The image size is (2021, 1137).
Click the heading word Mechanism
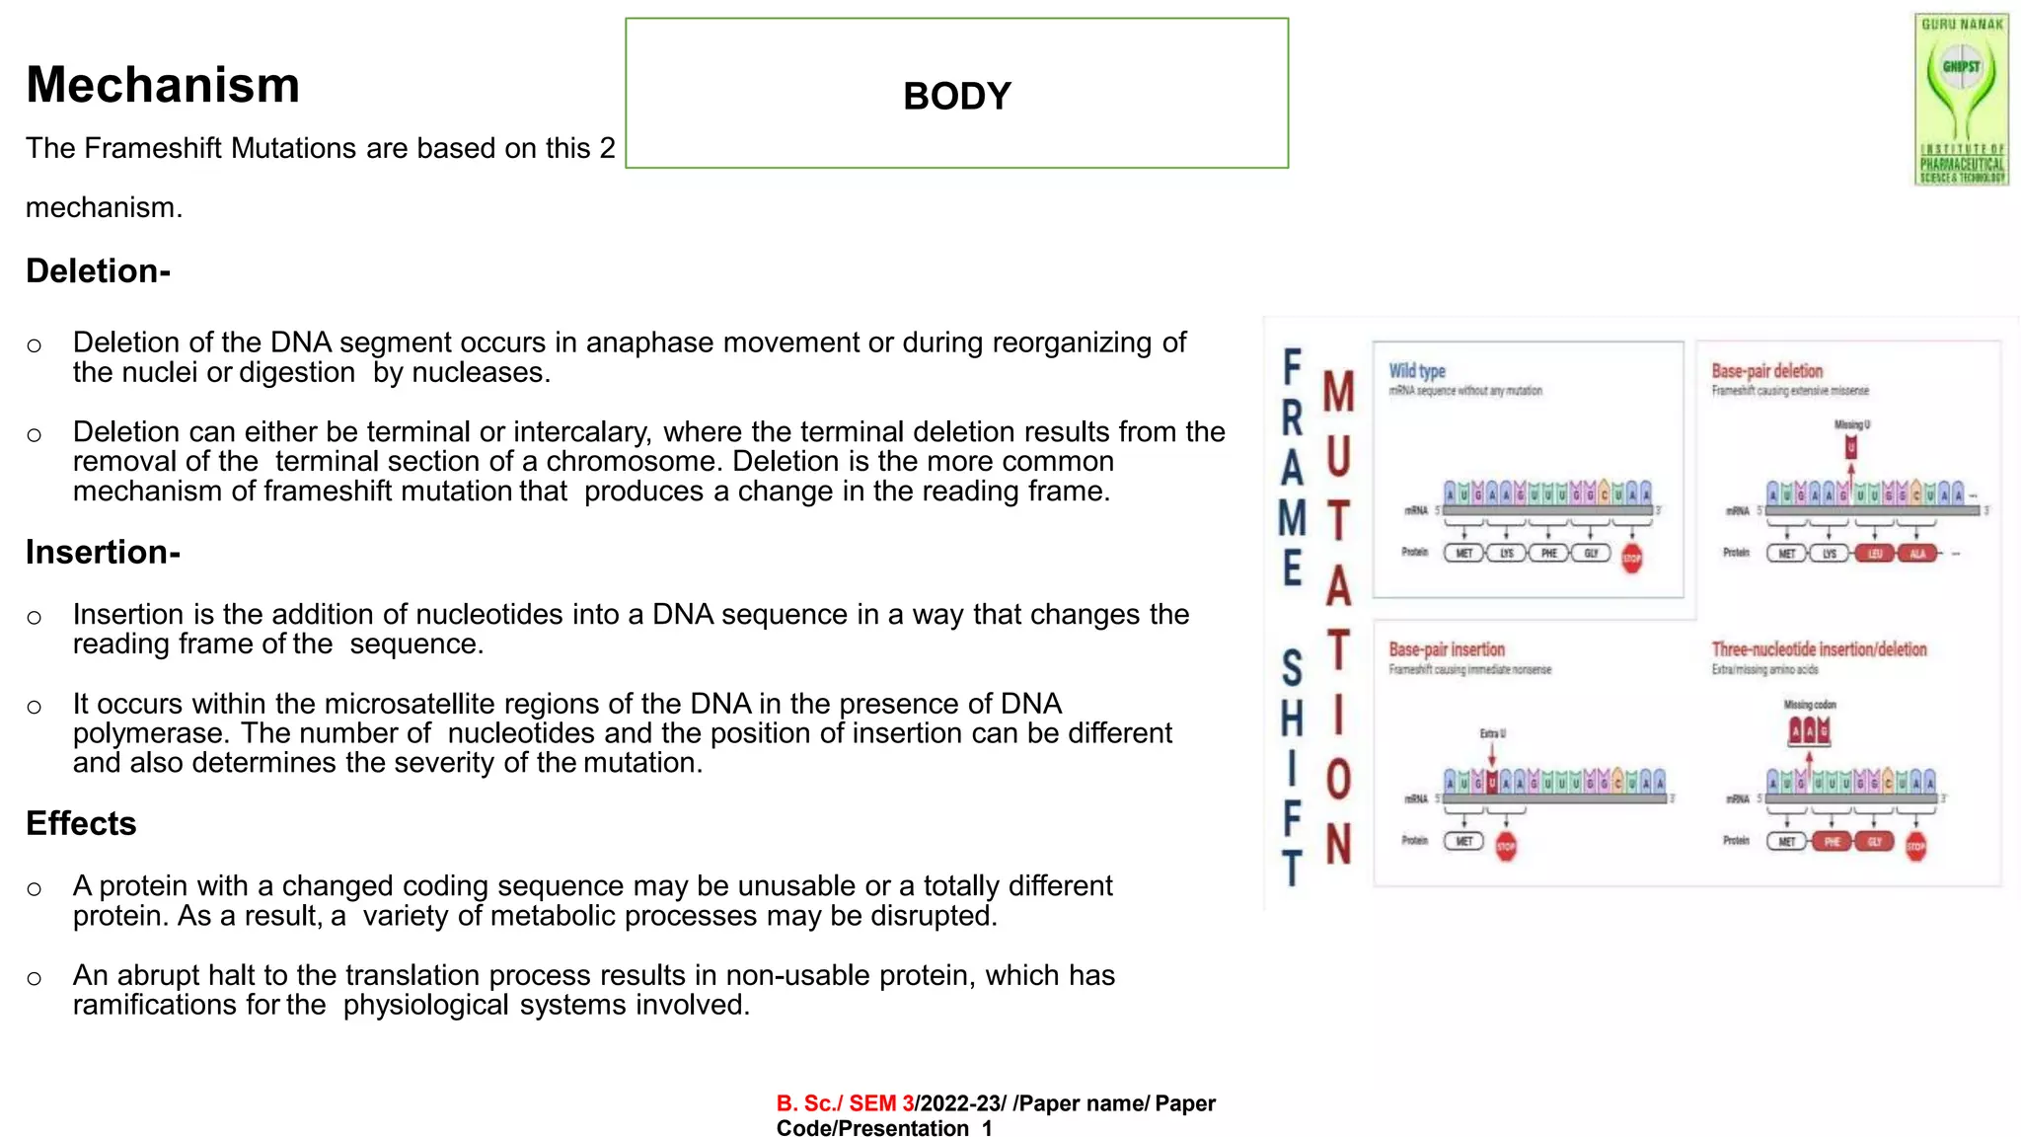click(x=163, y=85)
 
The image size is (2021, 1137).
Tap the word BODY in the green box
click(x=956, y=96)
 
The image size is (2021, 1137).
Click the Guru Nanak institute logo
click(x=1961, y=99)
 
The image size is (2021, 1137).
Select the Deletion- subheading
click(x=98, y=270)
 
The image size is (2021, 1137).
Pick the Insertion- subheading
click(x=103, y=552)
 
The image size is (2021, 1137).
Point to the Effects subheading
click(x=81, y=823)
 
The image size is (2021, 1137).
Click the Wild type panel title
click(x=1417, y=371)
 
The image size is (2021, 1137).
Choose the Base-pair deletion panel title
click(x=1766, y=371)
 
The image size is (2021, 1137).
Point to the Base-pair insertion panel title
click(x=1447, y=649)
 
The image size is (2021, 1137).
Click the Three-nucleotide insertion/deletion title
click(x=1819, y=649)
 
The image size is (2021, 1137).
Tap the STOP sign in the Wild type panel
click(x=1632, y=558)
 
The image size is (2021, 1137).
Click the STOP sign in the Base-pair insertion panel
click(x=1506, y=846)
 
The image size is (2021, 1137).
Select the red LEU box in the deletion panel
click(x=1875, y=554)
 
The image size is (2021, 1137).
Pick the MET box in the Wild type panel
click(x=1464, y=554)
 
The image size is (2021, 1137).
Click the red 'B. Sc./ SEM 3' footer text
click(x=845, y=1103)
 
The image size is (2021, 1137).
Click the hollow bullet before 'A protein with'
click(x=35, y=889)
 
